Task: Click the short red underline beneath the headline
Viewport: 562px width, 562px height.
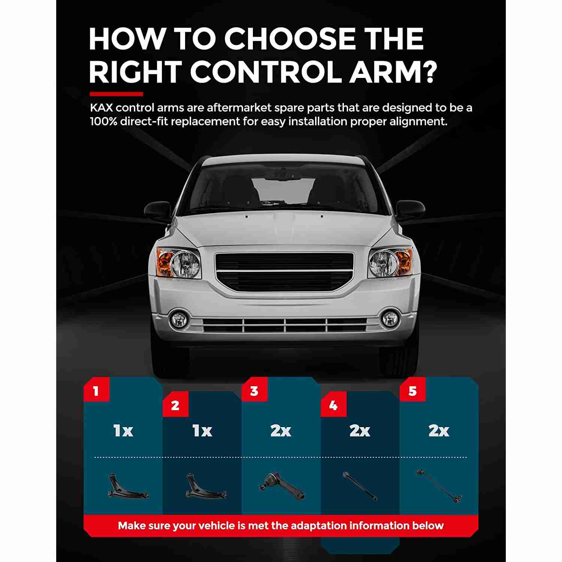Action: point(116,94)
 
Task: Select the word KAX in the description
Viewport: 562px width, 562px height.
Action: point(101,108)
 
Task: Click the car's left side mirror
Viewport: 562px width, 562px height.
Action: point(157,211)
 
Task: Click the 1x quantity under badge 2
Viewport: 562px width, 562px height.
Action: point(202,431)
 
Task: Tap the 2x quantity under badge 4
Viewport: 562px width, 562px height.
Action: point(360,431)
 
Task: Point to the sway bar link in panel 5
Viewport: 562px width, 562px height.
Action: point(439,486)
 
